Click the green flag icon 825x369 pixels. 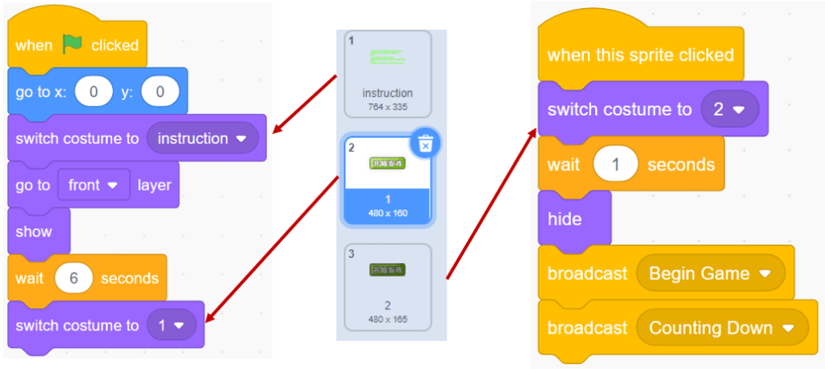click(x=73, y=44)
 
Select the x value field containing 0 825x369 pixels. click(x=94, y=92)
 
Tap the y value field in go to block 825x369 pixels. click(x=160, y=92)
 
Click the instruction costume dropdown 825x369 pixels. click(x=202, y=138)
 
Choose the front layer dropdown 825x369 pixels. click(x=94, y=185)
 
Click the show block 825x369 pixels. click(x=35, y=232)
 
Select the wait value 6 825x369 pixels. click(x=73, y=279)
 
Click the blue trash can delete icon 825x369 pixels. click(x=426, y=144)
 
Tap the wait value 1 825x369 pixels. click(x=615, y=164)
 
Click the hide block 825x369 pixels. click(x=565, y=219)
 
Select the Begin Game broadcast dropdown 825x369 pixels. click(x=710, y=274)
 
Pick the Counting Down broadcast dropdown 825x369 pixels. click(x=721, y=329)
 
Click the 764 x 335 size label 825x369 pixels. click(x=387, y=107)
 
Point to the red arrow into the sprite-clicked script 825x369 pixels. click(x=492, y=202)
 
